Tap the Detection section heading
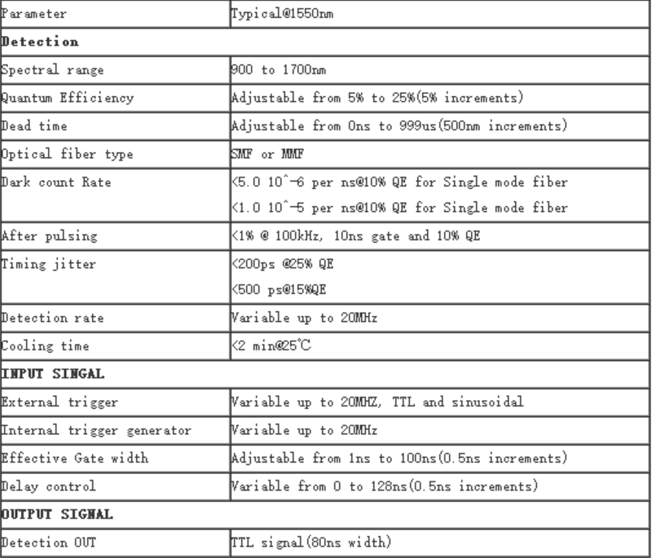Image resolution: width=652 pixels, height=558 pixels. (41, 41)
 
